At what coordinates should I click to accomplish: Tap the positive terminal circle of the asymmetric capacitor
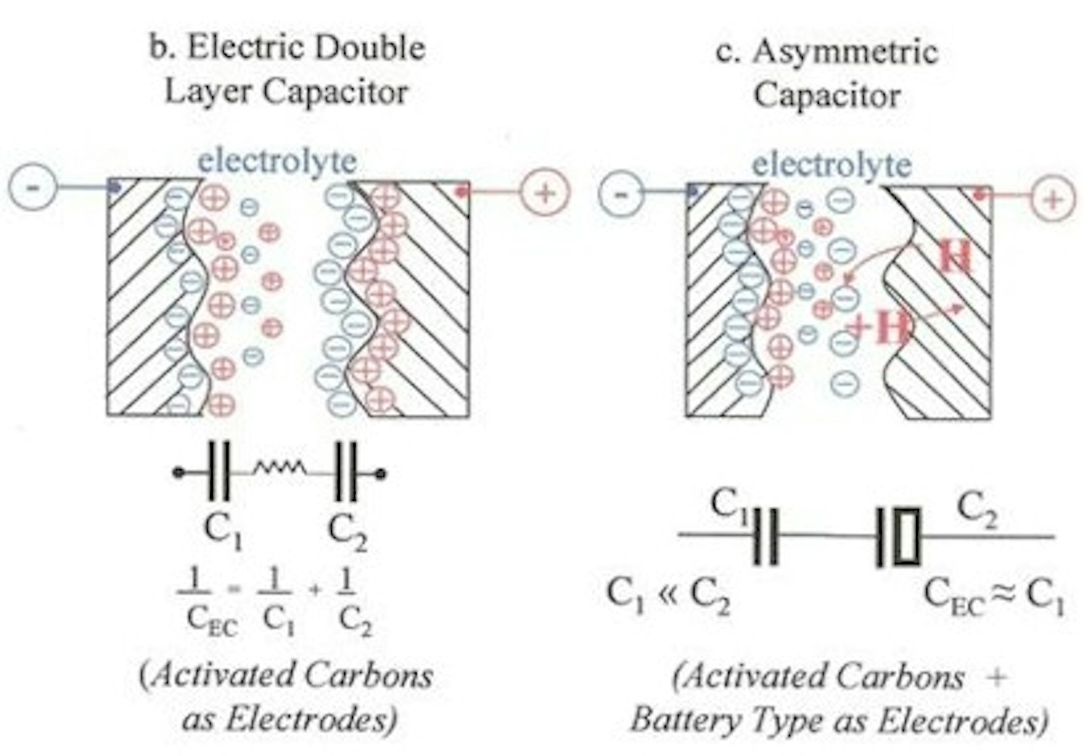(x=1052, y=199)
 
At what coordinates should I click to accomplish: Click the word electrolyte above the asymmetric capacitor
(x=832, y=165)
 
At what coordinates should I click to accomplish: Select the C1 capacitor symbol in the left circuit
(x=220, y=471)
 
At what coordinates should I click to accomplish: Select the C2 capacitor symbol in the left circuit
(x=346, y=472)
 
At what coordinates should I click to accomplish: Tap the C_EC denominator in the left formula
(x=212, y=619)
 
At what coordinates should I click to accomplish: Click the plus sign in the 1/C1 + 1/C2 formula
(x=314, y=590)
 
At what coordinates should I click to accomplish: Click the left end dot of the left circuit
(x=178, y=473)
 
